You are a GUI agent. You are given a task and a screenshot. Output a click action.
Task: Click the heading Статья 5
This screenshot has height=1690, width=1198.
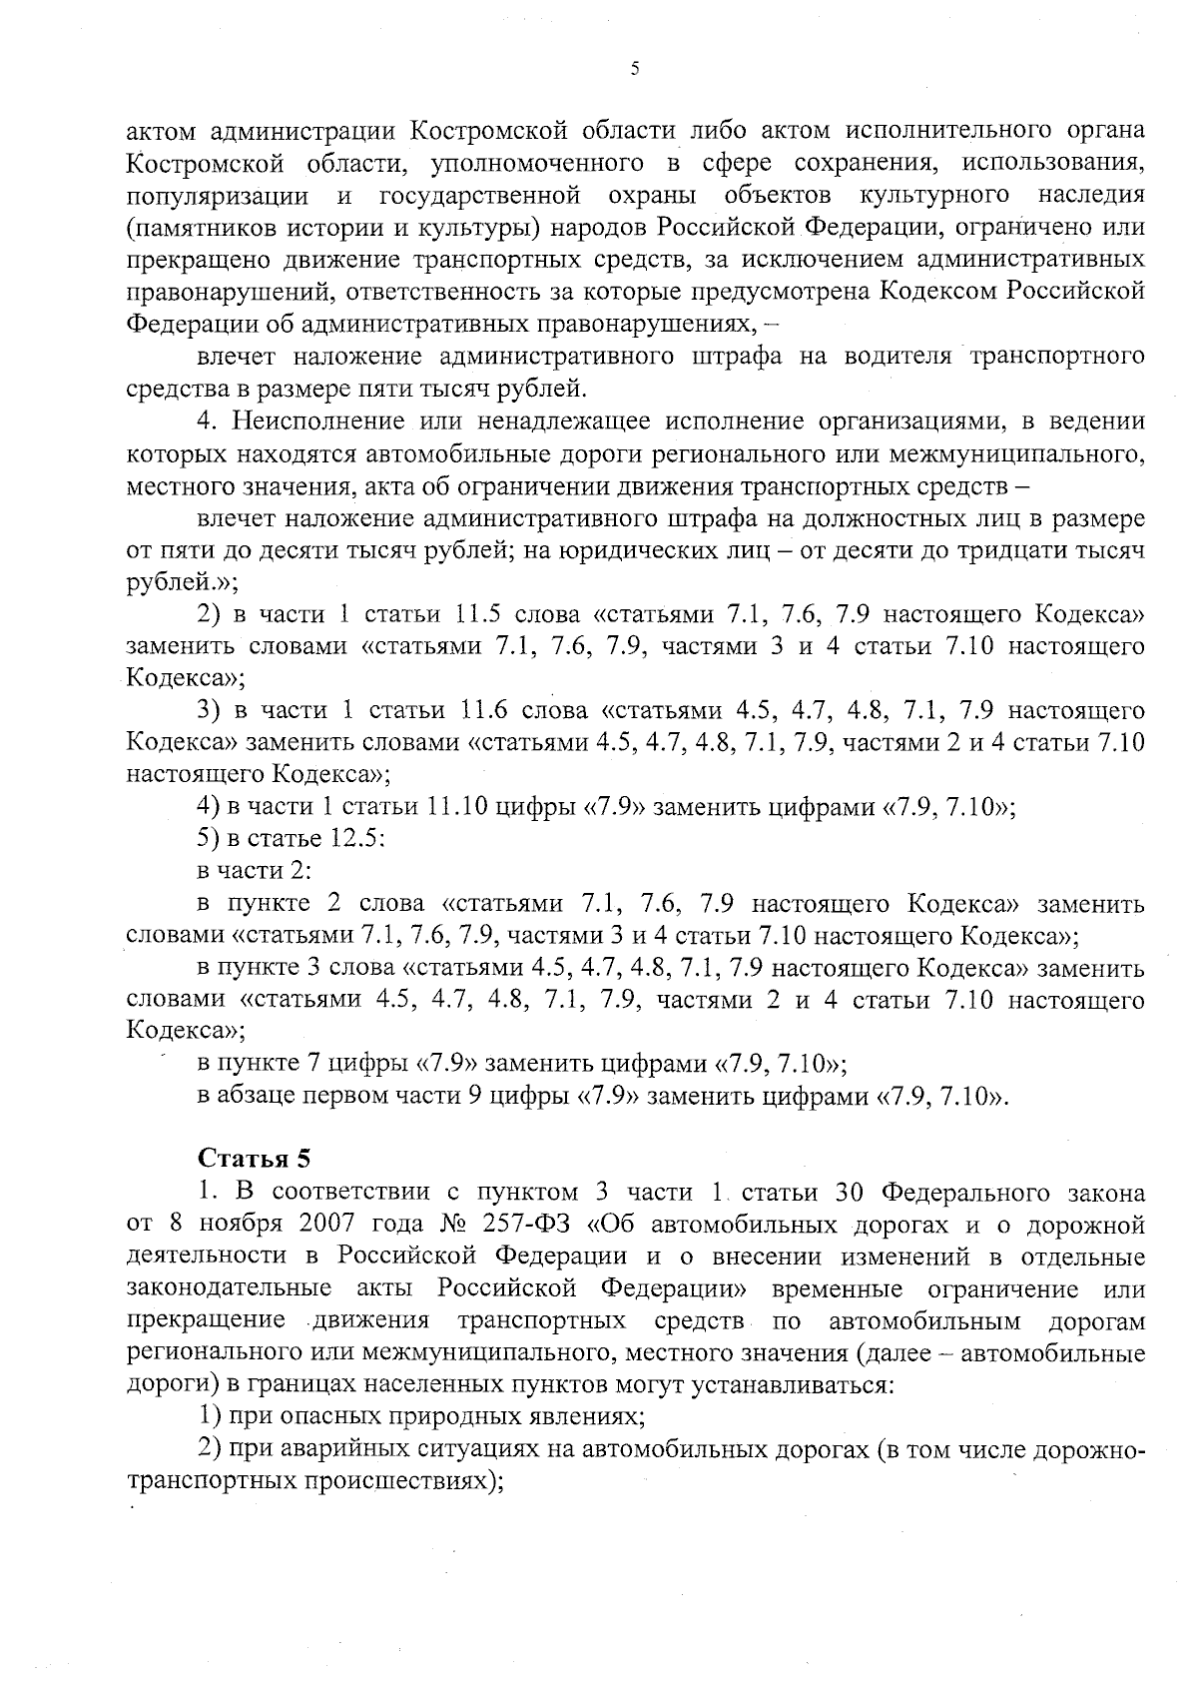click(x=255, y=1159)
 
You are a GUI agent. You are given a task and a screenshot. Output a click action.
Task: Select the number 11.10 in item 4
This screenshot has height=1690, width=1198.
click(x=455, y=807)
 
